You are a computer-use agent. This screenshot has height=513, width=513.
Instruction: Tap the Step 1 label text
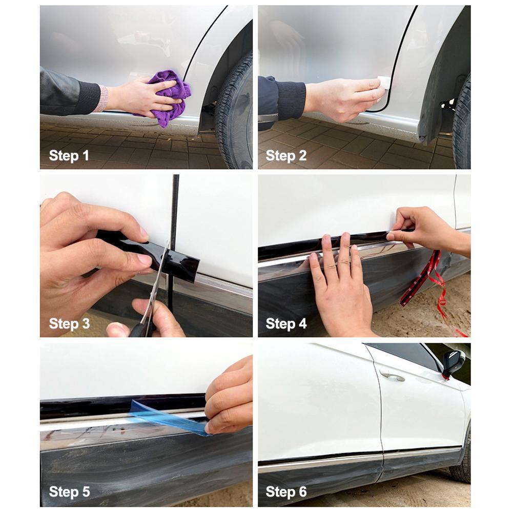coord(69,156)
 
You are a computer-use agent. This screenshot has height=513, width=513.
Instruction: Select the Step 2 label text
coord(286,156)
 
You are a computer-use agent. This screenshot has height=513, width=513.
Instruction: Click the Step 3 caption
coord(69,323)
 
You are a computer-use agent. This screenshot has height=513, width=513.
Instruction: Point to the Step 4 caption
coord(286,323)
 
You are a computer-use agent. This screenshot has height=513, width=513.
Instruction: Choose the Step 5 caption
coord(69,492)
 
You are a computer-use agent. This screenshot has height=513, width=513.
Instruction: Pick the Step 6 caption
coord(286,492)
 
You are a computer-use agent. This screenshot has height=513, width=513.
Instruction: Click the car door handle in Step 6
coord(392,377)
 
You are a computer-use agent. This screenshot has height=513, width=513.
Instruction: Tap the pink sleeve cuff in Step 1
coord(101,98)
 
